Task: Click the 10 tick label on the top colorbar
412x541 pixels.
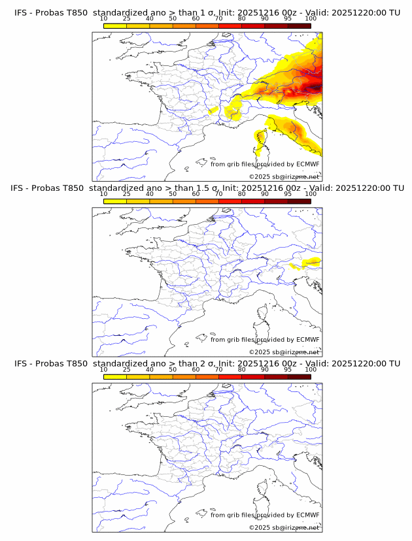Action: click(103, 19)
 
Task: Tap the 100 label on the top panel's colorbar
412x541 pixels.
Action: click(311, 19)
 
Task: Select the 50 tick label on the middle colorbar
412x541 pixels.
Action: click(173, 194)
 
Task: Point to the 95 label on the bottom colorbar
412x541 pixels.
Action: click(288, 369)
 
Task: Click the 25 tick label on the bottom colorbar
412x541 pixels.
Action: click(126, 369)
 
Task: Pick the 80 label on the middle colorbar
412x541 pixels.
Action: click(242, 194)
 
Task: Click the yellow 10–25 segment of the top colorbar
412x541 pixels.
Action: click(115, 26)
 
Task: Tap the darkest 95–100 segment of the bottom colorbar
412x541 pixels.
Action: click(299, 376)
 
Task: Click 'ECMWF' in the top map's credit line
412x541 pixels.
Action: click(307, 164)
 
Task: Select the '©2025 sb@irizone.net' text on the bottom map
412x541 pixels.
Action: click(284, 527)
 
